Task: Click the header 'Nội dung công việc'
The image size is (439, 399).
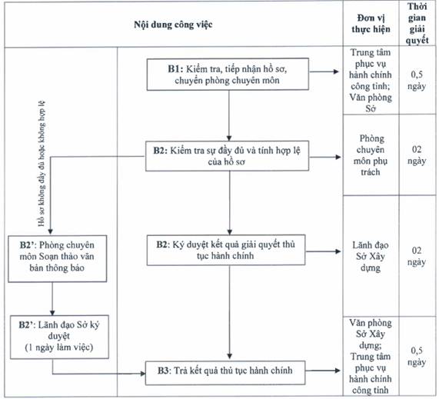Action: click(x=173, y=25)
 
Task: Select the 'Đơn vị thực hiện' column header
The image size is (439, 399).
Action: click(x=371, y=24)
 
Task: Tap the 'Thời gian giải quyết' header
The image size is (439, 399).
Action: click(x=417, y=24)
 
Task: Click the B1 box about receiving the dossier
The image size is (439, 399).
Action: click(x=228, y=75)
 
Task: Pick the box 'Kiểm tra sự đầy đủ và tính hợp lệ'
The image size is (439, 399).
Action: click(x=227, y=156)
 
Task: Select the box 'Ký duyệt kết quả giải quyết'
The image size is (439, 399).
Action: click(x=226, y=250)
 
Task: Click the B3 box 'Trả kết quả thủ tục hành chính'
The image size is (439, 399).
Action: click(x=225, y=372)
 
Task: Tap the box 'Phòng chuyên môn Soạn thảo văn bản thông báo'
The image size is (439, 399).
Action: click(x=57, y=258)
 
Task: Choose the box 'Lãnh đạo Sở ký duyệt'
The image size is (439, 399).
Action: click(x=59, y=337)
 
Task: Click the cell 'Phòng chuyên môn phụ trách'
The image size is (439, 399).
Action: click(x=371, y=155)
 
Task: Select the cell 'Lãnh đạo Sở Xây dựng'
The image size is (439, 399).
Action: click(x=371, y=256)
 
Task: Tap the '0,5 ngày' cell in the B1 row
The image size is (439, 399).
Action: click(x=417, y=81)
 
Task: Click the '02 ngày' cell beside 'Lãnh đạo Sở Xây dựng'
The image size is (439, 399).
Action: click(x=417, y=256)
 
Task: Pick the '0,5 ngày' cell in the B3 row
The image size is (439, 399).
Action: click(x=417, y=356)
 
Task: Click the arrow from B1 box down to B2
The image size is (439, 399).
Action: click(x=229, y=115)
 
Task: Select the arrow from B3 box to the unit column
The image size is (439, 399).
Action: click(x=323, y=371)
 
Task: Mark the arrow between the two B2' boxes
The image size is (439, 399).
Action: click(x=52, y=299)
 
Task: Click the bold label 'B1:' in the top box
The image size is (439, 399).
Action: click(x=175, y=69)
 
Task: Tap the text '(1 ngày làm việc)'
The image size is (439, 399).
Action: click(x=59, y=347)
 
